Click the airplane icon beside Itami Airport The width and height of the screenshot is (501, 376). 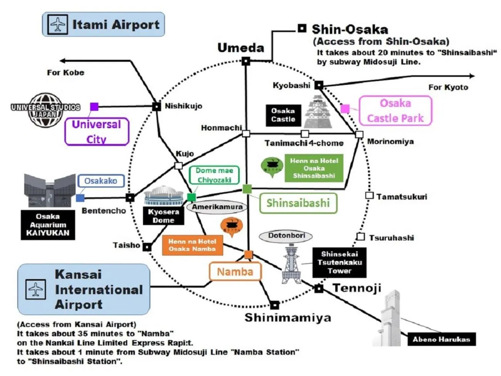click(58, 24)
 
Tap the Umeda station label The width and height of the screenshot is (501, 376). click(241, 48)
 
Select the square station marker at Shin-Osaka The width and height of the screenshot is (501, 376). click(302, 28)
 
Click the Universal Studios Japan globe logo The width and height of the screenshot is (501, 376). click(45, 110)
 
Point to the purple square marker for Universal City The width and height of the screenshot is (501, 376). click(94, 107)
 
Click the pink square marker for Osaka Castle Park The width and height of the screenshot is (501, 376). click(345, 109)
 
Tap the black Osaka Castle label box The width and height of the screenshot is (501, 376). click(283, 115)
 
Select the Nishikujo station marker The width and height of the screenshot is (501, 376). click(156, 107)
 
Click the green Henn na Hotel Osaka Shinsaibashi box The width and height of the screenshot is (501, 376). click(314, 168)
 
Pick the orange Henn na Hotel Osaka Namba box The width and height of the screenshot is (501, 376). click(192, 245)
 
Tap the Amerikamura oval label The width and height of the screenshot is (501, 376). click(217, 207)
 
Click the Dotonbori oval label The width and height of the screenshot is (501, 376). click(286, 235)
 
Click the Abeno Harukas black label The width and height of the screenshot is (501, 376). click(441, 339)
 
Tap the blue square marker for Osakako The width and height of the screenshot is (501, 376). click(80, 198)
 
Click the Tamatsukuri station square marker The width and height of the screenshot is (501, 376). click(369, 196)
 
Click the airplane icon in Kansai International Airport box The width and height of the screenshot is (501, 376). click(35, 289)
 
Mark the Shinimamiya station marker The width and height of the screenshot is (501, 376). click(274, 305)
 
